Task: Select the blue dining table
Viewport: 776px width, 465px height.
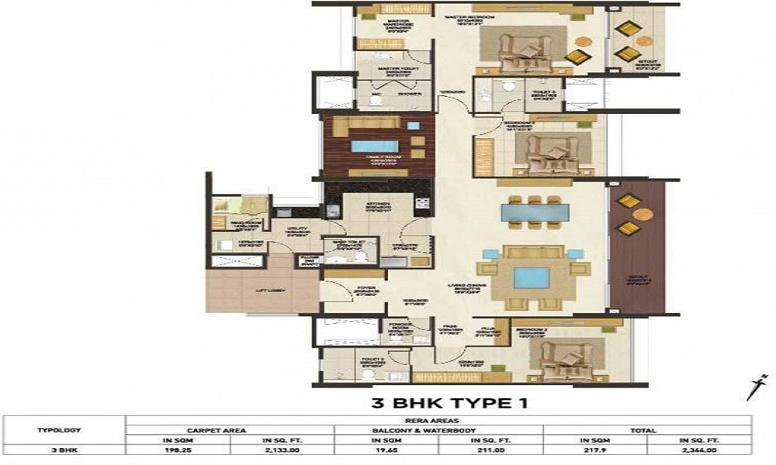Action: click(x=532, y=211)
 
